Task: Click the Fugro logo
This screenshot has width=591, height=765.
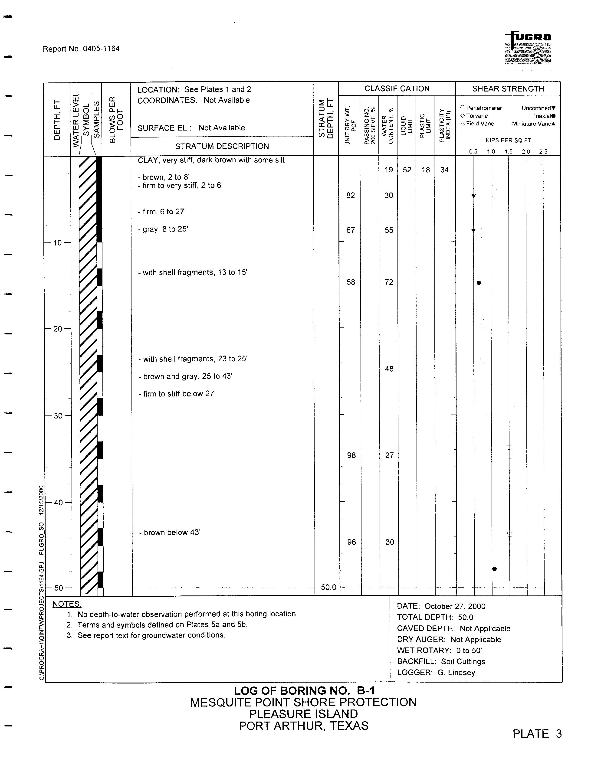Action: pos(528,48)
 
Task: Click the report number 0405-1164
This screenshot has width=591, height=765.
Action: pos(101,49)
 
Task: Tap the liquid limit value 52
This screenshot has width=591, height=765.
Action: pos(407,170)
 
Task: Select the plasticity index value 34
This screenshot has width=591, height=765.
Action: pos(444,170)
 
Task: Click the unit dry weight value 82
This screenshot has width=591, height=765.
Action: pos(350,196)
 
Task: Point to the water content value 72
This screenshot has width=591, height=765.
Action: pos(389,282)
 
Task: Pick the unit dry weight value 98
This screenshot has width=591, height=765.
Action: pos(351,455)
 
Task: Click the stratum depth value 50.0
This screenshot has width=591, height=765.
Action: pos(328,587)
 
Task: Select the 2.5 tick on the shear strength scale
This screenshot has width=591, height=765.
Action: pos(543,152)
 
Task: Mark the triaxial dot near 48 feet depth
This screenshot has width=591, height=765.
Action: pos(494,569)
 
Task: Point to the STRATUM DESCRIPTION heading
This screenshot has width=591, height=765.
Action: pos(222,146)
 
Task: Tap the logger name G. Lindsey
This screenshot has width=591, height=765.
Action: pos(456,673)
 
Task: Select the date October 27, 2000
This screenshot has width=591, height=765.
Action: pos(455,606)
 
